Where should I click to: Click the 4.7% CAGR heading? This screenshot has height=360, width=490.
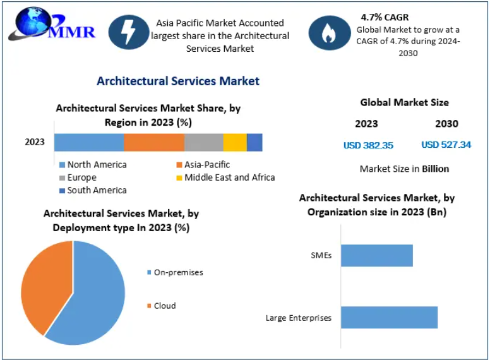pyautogui.click(x=385, y=17)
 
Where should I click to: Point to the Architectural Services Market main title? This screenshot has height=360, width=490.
pyautogui.click(x=177, y=81)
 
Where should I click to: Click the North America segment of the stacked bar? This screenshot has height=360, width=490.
pyautogui.click(x=89, y=142)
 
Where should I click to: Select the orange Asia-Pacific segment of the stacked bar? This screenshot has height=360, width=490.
pyautogui.click(x=154, y=142)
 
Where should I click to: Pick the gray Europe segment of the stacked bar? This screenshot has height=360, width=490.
pyautogui.click(x=203, y=142)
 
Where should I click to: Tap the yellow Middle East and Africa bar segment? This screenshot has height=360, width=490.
pyautogui.click(x=235, y=142)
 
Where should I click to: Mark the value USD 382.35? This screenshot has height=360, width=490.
pyautogui.click(x=368, y=145)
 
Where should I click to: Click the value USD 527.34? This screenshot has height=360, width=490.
pyautogui.click(x=446, y=145)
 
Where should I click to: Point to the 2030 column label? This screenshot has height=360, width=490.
pyautogui.click(x=446, y=124)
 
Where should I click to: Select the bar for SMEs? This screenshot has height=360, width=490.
pyautogui.click(x=377, y=255)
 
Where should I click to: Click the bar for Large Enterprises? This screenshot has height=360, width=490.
pyautogui.click(x=389, y=318)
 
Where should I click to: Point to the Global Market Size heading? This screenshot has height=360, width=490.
pyautogui.click(x=404, y=102)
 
